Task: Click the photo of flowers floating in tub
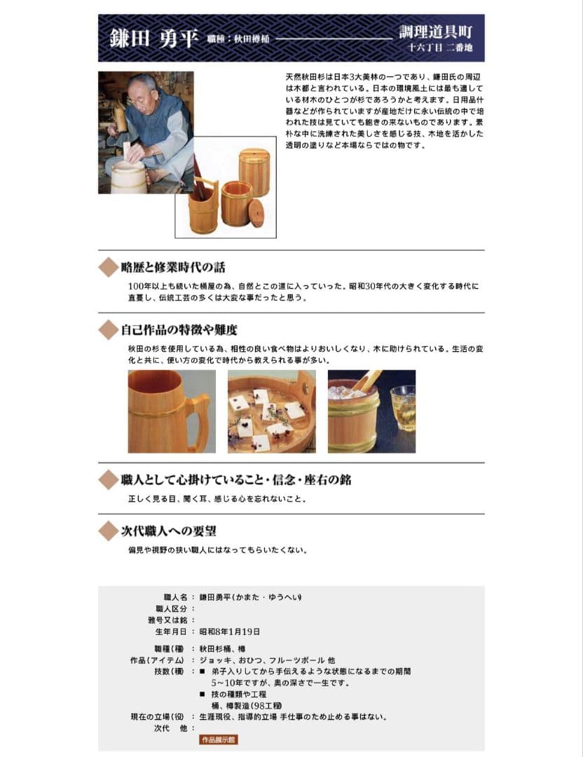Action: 271,411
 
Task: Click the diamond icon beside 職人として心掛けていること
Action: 107,480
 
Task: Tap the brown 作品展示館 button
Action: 219,739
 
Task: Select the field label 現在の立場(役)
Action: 157,717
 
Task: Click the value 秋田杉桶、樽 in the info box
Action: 222,649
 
